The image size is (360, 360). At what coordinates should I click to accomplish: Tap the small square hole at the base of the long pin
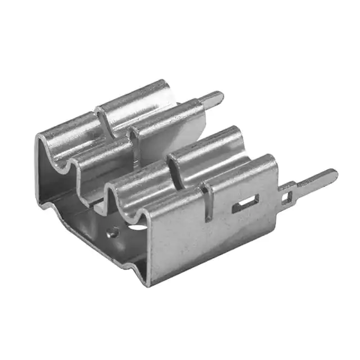pos(288,197)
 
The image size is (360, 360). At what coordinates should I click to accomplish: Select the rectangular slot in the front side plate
pos(246,204)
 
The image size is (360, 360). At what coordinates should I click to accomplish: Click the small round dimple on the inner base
pos(114,231)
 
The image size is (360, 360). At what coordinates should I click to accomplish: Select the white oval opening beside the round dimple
pos(137,228)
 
